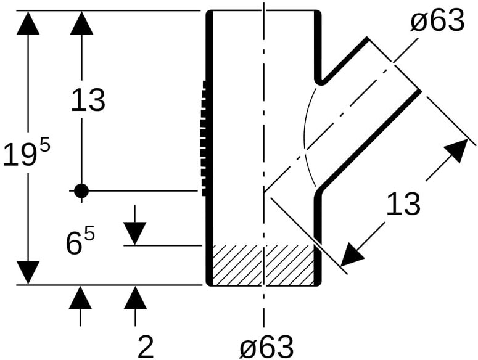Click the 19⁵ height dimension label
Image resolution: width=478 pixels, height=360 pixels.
click(27, 154)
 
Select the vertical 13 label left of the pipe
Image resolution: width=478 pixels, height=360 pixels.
click(88, 100)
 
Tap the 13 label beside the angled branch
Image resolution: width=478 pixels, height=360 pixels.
click(403, 204)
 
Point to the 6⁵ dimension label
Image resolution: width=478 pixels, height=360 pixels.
click(80, 242)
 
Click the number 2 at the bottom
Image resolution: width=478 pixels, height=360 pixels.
click(146, 346)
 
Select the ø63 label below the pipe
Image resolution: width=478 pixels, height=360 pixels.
click(266, 346)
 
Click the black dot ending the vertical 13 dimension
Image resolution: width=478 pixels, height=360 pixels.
click(81, 191)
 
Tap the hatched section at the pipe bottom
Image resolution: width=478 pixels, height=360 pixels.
click(263, 265)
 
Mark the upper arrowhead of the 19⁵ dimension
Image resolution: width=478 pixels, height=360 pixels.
click(28, 23)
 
